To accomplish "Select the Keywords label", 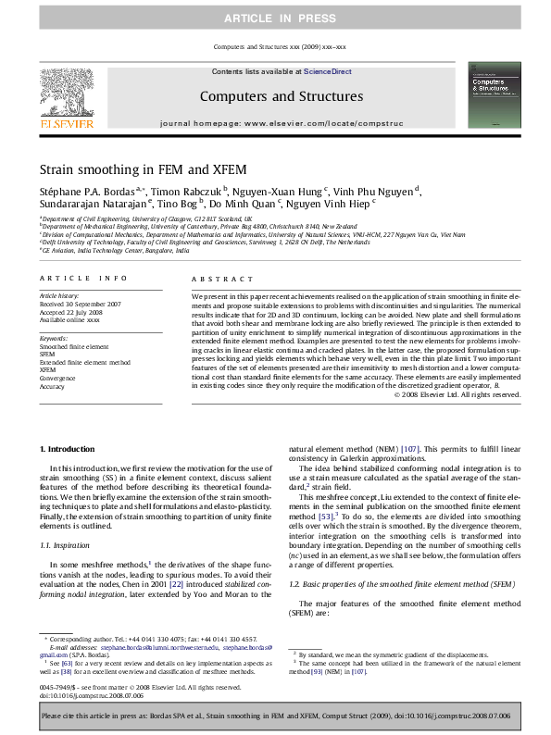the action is tap(54, 339).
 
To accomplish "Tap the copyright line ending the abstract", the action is tap(457, 394).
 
